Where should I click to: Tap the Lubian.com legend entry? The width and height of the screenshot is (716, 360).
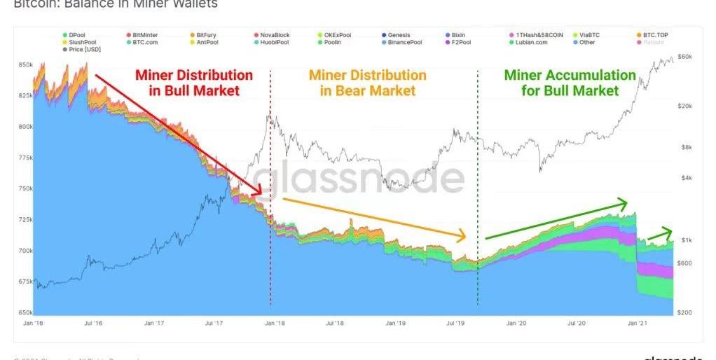tap(527, 43)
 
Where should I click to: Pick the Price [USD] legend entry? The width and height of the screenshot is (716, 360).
tap(83, 50)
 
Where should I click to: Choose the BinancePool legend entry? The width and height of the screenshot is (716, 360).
tap(399, 43)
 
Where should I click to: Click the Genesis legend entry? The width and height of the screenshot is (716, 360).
tap(397, 34)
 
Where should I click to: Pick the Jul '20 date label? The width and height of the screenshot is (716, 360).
tap(577, 323)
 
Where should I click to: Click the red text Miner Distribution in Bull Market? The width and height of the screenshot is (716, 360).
tap(194, 82)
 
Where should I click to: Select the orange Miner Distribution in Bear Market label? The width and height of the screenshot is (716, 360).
tap(367, 82)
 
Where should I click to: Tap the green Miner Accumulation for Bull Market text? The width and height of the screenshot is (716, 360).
tap(570, 82)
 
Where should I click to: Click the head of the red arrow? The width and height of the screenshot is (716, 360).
tap(259, 192)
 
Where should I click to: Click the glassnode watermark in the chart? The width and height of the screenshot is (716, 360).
tap(358, 179)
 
